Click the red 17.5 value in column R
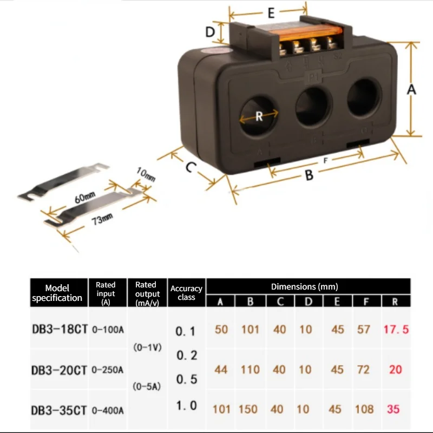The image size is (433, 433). point(395,329)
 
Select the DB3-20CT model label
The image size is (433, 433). point(59,370)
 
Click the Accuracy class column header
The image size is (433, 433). point(186,293)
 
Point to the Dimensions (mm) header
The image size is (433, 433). point(304,286)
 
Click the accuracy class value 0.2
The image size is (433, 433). point(187,356)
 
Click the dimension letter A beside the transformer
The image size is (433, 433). point(411,90)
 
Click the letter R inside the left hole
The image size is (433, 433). point(259,116)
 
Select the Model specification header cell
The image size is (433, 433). point(57,293)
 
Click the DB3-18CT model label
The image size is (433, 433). point(59,329)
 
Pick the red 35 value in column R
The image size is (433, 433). point(393,409)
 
